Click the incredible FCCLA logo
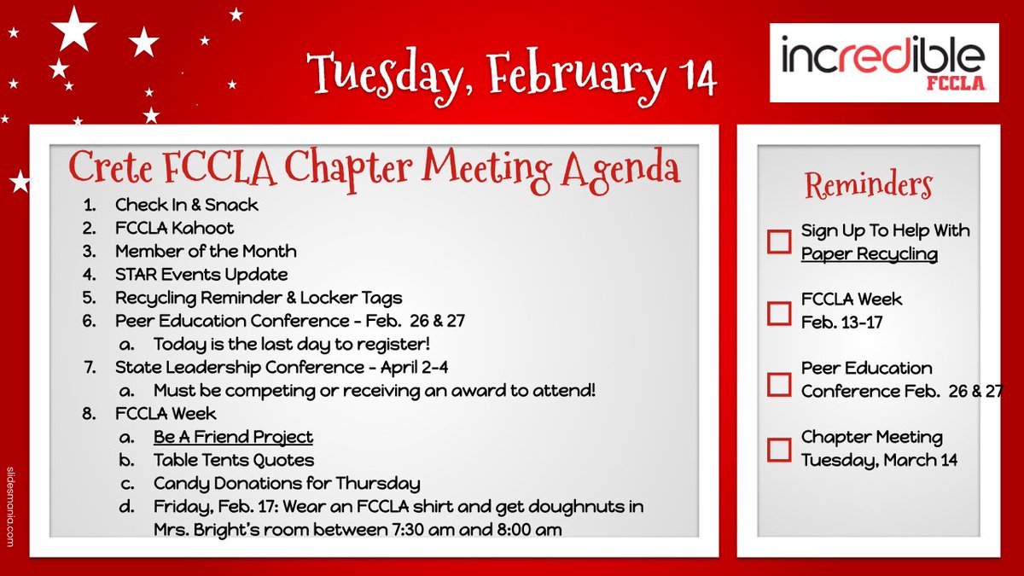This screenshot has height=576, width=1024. [x=884, y=61]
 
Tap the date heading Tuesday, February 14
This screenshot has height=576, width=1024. [x=512, y=74]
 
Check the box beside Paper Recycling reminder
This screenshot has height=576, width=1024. [x=779, y=241]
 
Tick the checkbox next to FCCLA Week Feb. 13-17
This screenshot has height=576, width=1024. [x=779, y=312]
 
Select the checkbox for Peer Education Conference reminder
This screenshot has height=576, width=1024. [x=779, y=383]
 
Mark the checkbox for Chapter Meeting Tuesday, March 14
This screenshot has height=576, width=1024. [x=779, y=449]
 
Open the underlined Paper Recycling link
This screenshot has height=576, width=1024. [x=869, y=254]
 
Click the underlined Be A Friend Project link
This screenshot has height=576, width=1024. [x=233, y=437]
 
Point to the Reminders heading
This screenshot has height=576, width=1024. [x=869, y=185]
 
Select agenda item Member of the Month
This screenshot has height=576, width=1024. [x=206, y=251]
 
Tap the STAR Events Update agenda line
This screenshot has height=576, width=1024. [x=201, y=274]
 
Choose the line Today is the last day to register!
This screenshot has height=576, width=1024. [x=291, y=344]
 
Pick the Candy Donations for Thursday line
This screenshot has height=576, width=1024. [x=287, y=483]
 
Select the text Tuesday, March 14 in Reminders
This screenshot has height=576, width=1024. [x=879, y=460]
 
